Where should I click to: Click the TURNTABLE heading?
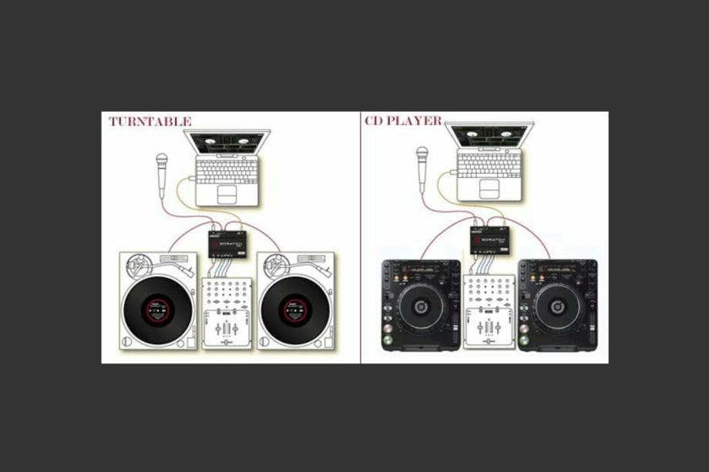tap(150, 122)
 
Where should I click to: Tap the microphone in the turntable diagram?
tap(162, 172)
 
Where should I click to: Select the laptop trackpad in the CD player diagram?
tap(488, 189)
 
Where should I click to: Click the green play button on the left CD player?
tap(387, 343)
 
